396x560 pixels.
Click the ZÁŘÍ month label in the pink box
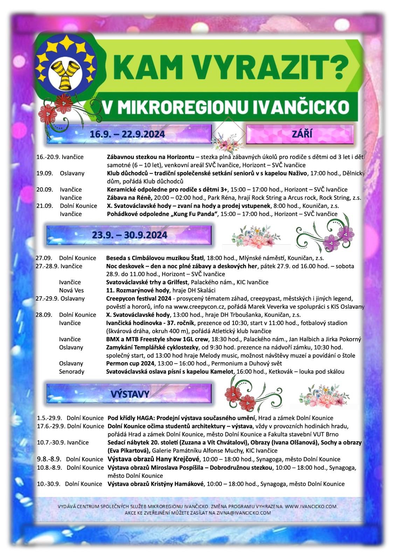click(302, 134)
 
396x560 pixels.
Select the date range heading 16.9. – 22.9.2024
click(127, 134)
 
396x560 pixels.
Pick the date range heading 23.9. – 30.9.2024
click(130, 235)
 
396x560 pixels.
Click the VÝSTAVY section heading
click(130, 393)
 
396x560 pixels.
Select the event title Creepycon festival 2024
click(139, 299)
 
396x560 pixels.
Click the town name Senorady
click(71, 372)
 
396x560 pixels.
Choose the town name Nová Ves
click(71, 290)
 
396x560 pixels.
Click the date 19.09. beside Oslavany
click(44, 173)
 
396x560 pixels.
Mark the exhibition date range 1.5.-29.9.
click(49, 418)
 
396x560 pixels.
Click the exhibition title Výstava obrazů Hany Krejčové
click(153, 459)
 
